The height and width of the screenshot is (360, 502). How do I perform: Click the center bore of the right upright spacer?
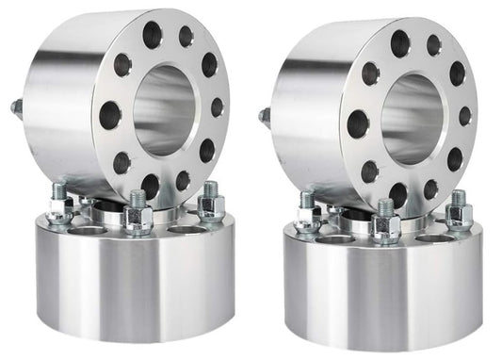pyautogui.click(x=411, y=118)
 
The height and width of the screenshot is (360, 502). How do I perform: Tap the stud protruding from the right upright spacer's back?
pyautogui.click(x=265, y=116)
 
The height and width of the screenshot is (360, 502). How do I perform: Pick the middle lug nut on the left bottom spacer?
pyautogui.click(x=138, y=216)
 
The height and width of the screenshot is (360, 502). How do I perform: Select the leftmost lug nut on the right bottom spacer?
pyautogui.click(x=308, y=213)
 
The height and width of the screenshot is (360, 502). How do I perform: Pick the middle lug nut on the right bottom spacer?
pyautogui.click(x=385, y=222)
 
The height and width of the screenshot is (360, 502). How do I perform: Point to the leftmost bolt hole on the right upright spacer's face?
pyautogui.click(x=358, y=123)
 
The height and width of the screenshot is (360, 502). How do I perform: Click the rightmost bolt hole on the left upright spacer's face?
pyautogui.click(x=218, y=107)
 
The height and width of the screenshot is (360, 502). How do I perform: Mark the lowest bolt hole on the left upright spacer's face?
pyautogui.click(x=150, y=186)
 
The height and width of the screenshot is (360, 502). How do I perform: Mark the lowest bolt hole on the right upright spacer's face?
pyautogui.click(x=398, y=193)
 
